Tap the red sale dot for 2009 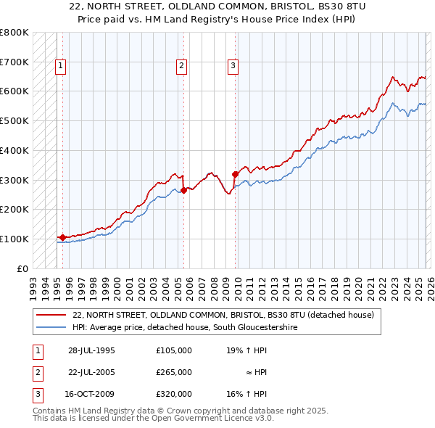point(235,174)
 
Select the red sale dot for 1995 point(63,237)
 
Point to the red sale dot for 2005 point(183,190)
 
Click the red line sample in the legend point(51,315)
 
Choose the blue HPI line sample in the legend point(51,327)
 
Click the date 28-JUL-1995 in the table point(91,350)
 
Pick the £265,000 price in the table point(174,372)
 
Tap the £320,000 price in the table point(174,394)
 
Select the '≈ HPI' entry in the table point(255,372)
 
